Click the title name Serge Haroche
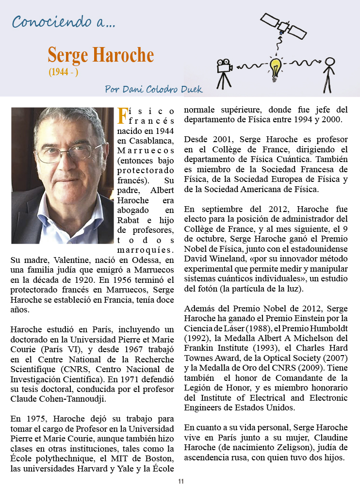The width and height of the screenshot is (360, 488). click(100, 55)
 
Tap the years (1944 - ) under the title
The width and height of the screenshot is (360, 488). click(63, 72)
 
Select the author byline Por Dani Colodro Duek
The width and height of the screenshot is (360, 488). click(153, 89)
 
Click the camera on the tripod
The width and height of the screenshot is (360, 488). click(224, 73)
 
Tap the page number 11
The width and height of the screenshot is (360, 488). click(180, 481)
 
